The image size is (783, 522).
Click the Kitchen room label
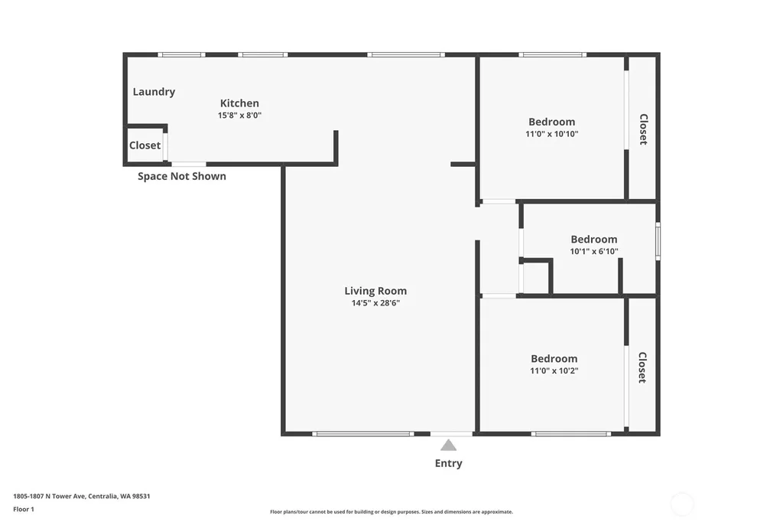[x=239, y=103]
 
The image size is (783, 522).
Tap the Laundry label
[x=154, y=92]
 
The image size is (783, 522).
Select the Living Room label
[x=375, y=291]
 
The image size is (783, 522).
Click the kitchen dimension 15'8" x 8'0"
[x=239, y=115]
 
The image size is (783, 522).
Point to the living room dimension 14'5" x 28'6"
[x=375, y=302]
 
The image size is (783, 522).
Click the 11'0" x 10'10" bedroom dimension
[x=552, y=133]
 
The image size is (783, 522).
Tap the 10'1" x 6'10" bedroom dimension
[x=594, y=251]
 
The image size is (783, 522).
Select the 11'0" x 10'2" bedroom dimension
[x=554, y=370]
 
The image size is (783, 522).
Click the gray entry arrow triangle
[x=448, y=445]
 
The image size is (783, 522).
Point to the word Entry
[x=448, y=463]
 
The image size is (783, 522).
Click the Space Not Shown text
[x=182, y=176]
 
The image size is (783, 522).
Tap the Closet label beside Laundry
[x=145, y=145]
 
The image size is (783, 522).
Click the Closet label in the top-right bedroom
[x=644, y=129]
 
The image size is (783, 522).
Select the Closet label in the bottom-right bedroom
[x=642, y=367]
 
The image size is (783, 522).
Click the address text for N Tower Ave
[x=81, y=496]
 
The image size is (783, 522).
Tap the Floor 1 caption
[x=24, y=509]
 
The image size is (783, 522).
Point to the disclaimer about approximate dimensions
[x=391, y=511]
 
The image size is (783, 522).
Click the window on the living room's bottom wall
[x=363, y=434]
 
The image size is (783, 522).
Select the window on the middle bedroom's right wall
[x=658, y=241]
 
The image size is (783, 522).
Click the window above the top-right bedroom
[x=552, y=54]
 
